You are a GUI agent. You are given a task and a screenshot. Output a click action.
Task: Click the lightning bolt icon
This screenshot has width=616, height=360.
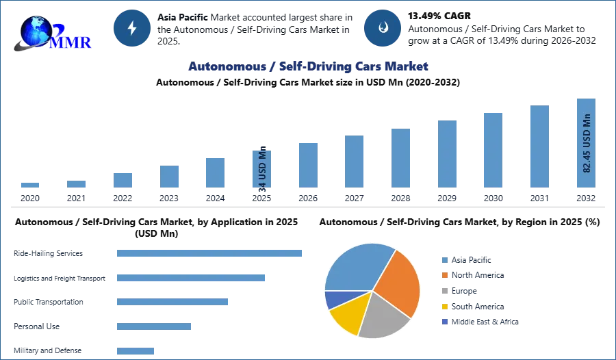click(x=132, y=28)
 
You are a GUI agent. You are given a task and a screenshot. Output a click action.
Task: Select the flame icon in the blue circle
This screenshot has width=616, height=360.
click(x=383, y=28)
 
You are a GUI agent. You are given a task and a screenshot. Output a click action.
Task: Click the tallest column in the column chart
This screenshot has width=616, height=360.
click(x=585, y=144)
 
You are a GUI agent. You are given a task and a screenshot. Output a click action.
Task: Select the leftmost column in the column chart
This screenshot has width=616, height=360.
click(x=30, y=185)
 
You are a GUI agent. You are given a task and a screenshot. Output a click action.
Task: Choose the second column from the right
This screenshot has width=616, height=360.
click(x=539, y=147)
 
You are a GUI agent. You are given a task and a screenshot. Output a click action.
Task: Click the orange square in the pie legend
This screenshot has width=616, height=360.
click(x=444, y=275)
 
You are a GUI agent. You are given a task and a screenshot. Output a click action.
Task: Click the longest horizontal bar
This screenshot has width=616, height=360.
click(x=210, y=253)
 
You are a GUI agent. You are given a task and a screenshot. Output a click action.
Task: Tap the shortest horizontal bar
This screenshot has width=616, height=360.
click(x=136, y=350)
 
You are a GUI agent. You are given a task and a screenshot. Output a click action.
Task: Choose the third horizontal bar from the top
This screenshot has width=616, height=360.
click(x=172, y=301)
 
